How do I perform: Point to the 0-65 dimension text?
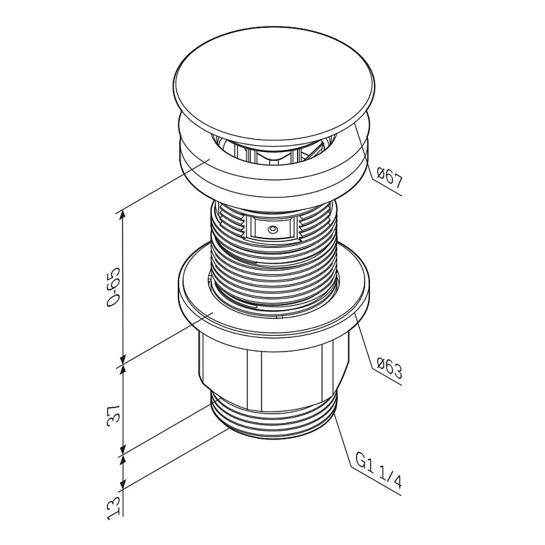pos(114,287)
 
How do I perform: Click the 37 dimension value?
pos(114,414)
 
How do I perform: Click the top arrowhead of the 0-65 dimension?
pos(123,216)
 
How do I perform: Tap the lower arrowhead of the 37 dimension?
pos(123,448)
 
